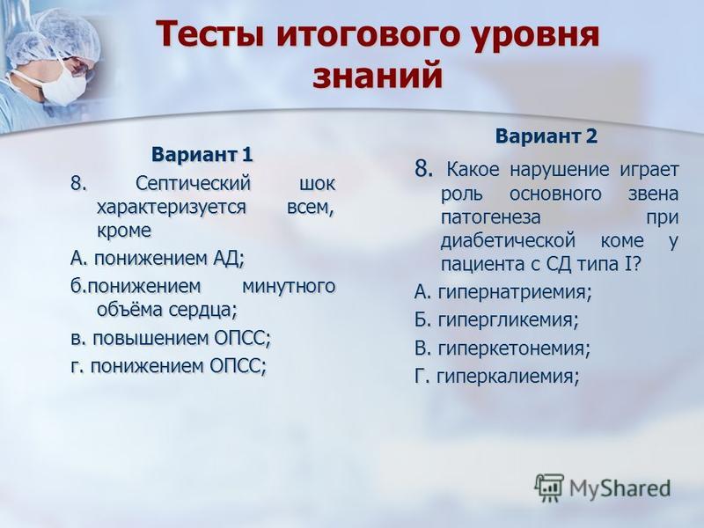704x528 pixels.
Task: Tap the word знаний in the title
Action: (378, 77)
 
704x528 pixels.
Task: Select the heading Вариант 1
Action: (202, 155)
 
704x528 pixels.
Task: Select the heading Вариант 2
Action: (546, 136)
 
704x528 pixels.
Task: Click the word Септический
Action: (193, 184)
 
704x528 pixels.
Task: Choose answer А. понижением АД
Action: (158, 259)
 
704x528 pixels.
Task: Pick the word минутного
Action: (289, 287)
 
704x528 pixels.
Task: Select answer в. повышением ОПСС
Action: (171, 339)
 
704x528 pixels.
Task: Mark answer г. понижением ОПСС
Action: (169, 366)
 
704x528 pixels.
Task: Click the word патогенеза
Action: (491, 217)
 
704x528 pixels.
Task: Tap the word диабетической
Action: (509, 241)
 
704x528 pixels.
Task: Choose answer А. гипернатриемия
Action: (503, 293)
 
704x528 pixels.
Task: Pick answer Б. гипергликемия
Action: (496, 320)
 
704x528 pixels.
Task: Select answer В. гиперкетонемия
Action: (502, 348)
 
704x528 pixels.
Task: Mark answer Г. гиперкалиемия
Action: (497, 377)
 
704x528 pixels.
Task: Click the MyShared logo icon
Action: (548, 488)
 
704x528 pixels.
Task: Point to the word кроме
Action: (124, 231)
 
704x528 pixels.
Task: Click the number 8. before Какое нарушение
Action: (424, 169)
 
